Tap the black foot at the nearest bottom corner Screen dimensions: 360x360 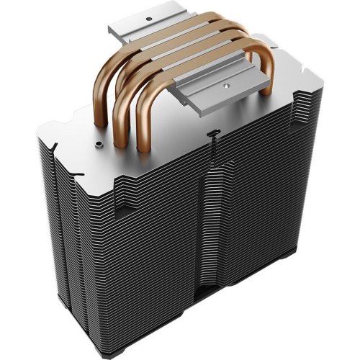pos(216,338)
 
